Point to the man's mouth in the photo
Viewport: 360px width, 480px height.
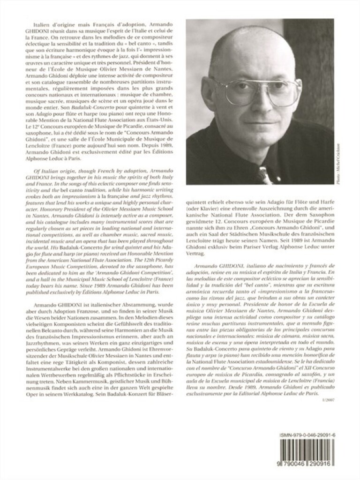(258, 120)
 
